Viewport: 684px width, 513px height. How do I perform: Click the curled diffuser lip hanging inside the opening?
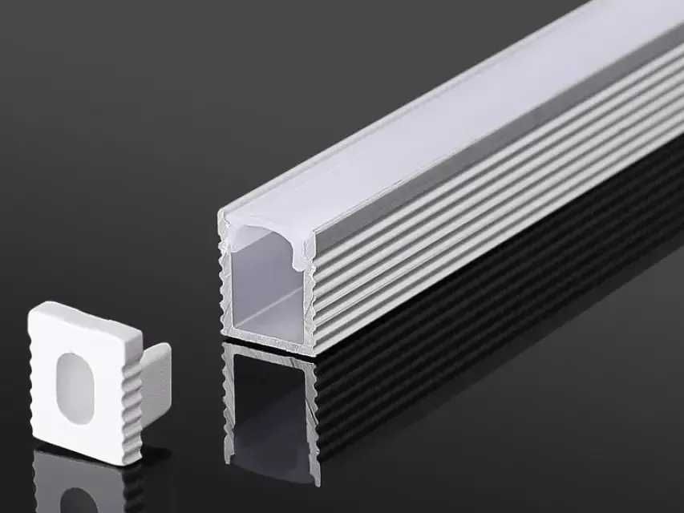303,255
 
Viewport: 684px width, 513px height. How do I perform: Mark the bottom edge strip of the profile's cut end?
269,341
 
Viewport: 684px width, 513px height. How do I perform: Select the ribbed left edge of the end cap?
33,385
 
